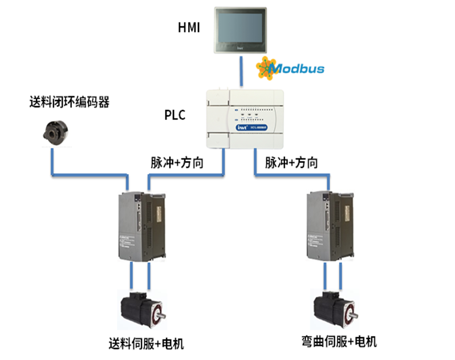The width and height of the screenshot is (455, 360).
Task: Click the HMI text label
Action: coord(189,27)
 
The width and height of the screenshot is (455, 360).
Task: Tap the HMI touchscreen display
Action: coord(239,29)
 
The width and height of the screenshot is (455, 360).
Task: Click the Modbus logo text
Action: coord(296,69)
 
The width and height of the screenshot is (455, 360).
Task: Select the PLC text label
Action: coord(174,115)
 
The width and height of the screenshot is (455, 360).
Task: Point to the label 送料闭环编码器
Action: coord(69,103)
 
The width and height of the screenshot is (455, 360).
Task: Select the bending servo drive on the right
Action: coord(330,226)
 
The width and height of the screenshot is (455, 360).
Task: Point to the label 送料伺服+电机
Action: coord(147,344)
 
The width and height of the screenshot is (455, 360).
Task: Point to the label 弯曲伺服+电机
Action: coord(339,342)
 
